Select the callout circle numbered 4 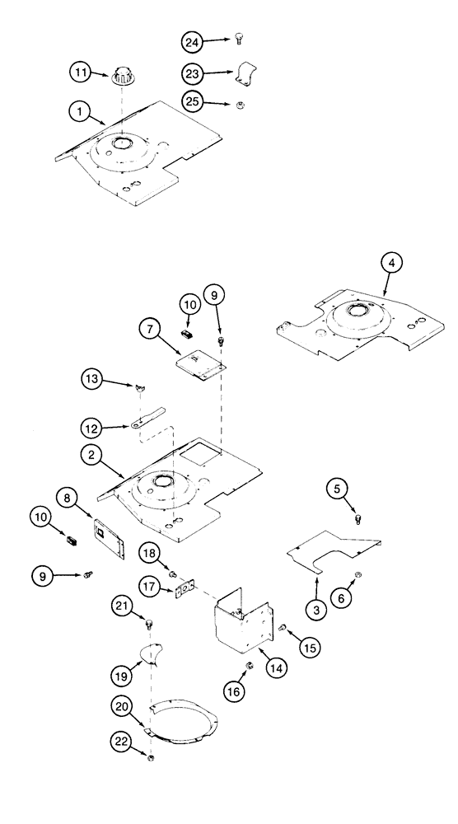tap(392, 265)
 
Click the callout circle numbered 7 tap(150, 331)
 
